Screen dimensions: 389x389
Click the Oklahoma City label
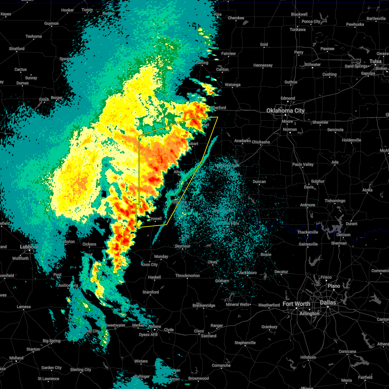[x=285, y=111]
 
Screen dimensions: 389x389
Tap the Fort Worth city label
[x=296, y=304]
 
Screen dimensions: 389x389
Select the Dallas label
[x=328, y=302]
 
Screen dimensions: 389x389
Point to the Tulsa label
[x=375, y=61]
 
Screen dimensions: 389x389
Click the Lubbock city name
[x=29, y=247]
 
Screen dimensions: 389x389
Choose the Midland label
[x=16, y=358]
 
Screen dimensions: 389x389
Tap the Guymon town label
[x=52, y=23]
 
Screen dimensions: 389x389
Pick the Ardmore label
[x=308, y=205]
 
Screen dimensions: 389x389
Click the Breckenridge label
[x=204, y=305]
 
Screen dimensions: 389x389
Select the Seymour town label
[x=183, y=246]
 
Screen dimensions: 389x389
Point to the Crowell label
[x=155, y=218]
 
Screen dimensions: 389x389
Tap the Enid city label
[x=264, y=44]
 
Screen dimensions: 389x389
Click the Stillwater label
[x=312, y=65]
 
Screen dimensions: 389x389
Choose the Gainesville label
[x=308, y=244]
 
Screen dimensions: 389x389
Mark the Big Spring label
[x=52, y=341]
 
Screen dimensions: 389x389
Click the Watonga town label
[x=232, y=85]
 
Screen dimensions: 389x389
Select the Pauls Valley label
[x=303, y=164]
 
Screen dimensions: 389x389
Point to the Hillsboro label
[x=308, y=357]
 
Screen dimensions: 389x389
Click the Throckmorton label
[x=187, y=276]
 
